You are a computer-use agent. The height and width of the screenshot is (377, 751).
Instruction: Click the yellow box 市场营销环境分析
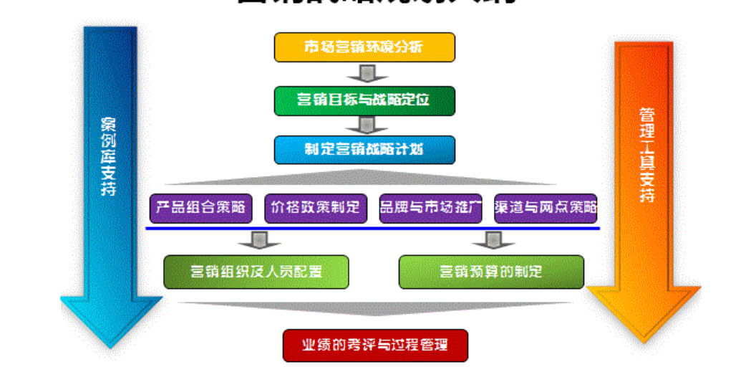pos(364,47)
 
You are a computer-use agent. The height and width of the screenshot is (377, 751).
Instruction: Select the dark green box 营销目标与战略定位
pos(364,100)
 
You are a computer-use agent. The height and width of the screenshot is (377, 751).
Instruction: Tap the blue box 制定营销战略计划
pos(364,150)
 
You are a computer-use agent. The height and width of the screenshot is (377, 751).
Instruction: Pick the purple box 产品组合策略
pos(202,209)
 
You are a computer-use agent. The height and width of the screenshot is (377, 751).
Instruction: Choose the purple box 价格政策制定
pos(316,209)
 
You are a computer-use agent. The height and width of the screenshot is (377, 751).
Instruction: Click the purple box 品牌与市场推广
pos(431,209)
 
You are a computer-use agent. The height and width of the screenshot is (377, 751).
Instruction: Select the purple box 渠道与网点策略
pos(546,209)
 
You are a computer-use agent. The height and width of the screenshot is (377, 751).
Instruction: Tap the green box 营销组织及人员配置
pos(256,272)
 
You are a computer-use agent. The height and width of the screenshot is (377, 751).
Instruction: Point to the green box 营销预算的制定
pos(491,272)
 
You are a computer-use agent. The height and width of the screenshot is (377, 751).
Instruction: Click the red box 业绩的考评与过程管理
pos(375,345)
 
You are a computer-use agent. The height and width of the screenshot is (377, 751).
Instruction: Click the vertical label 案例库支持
pos(109,154)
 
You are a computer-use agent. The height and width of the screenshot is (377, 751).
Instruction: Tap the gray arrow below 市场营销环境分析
pos(366,74)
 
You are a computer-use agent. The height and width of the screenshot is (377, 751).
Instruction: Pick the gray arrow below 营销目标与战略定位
pos(366,125)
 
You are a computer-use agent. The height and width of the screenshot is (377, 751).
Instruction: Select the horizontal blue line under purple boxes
pos(372,229)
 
